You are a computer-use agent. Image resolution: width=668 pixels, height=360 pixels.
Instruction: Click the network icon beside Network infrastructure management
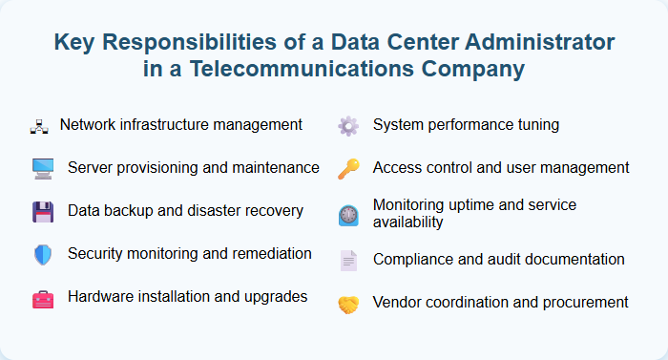[39, 126]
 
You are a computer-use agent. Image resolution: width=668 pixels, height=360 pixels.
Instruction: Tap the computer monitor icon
[43, 169]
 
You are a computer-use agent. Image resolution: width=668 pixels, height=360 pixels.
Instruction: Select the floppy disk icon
[43, 212]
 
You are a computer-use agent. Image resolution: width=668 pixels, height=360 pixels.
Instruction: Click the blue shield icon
[43, 255]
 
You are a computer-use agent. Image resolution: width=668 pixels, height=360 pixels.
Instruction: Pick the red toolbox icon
[43, 299]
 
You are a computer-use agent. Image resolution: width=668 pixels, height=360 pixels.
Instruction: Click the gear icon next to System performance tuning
[348, 126]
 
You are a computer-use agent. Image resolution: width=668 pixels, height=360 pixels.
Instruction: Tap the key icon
[348, 169]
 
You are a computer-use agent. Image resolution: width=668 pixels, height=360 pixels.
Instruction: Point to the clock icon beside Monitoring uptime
[348, 215]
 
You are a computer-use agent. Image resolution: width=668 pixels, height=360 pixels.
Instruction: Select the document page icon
[348, 260]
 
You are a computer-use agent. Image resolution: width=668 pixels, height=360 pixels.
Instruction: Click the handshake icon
[348, 305]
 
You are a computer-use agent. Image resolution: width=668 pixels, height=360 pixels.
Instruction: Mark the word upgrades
[274, 297]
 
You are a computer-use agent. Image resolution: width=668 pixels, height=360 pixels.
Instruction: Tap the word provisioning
[159, 168]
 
